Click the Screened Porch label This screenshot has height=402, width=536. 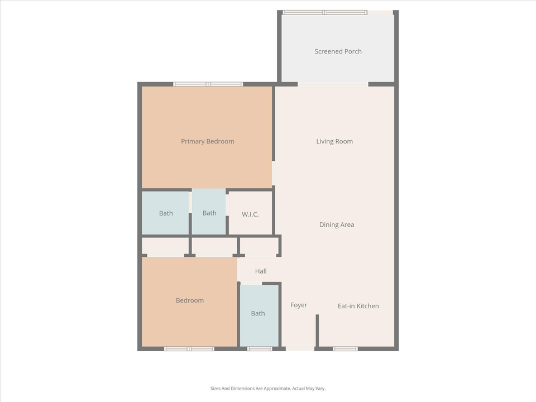338,51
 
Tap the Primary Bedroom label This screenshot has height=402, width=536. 207,141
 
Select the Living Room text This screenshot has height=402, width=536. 334,141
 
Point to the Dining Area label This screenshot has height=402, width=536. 336,224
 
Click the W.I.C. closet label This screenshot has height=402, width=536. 250,214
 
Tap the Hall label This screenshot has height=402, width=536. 261,271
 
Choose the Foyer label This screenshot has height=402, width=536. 299,305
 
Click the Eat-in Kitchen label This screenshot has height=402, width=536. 358,306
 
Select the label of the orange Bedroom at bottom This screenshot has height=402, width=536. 190,300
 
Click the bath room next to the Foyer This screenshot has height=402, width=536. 258,313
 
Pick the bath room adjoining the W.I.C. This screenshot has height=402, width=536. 209,213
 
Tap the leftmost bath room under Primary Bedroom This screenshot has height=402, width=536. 166,213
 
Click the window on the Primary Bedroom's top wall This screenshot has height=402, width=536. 208,84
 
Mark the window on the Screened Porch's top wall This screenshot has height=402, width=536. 324,12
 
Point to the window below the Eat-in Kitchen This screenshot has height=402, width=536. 345,349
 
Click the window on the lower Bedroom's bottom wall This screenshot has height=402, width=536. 189,349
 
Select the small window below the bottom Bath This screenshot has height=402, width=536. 260,349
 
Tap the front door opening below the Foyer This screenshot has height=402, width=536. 300,349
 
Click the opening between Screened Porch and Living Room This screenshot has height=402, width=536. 333,84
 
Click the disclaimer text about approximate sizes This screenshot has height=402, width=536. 267,388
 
